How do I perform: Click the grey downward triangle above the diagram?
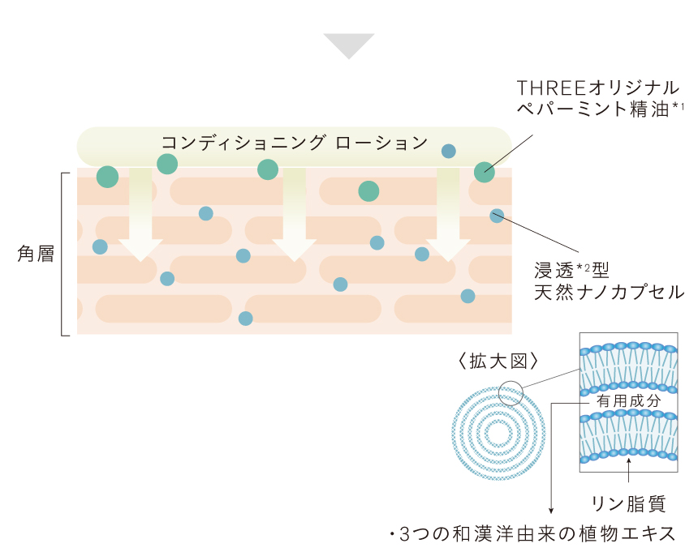[349, 45]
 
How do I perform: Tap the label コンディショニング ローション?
[295, 143]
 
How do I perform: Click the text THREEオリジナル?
[598, 88]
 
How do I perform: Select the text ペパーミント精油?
[593, 109]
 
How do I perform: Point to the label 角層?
[36, 254]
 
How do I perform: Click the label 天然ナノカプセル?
[609, 292]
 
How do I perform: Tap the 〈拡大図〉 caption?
[498, 361]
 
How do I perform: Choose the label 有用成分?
[628, 400]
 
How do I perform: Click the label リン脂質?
[628, 504]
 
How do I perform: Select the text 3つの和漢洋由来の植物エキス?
[537, 534]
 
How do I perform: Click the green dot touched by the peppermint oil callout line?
[485, 172]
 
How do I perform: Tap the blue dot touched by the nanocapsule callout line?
[497, 216]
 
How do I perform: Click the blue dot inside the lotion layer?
[449, 151]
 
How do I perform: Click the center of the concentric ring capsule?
[498, 433]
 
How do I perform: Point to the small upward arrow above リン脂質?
[628, 470]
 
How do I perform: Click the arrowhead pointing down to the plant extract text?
[551, 511]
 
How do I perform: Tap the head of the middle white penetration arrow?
[295, 250]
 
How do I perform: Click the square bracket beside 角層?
[62, 255]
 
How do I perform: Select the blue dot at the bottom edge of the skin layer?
[246, 319]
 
